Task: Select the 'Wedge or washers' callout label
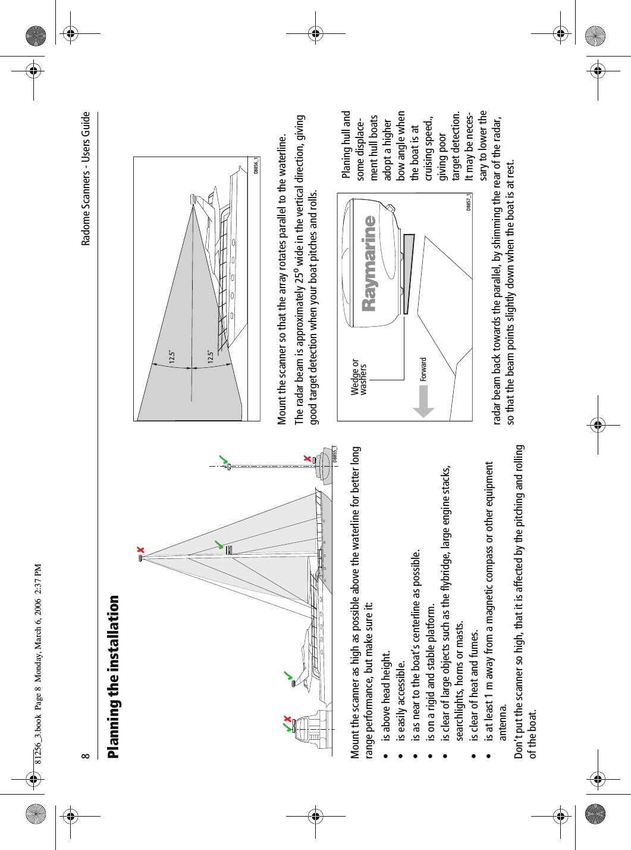[359, 376]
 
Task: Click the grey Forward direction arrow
[424, 401]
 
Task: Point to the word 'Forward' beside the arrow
[423, 369]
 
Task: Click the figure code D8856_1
[256, 165]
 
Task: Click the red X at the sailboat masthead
[140, 549]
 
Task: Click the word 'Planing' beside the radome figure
[347, 162]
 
